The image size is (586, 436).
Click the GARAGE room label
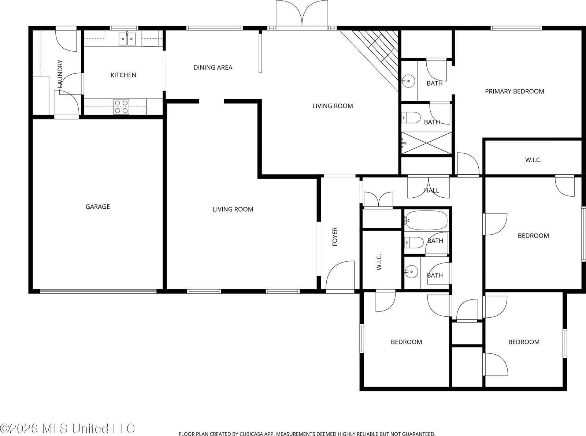click(x=97, y=206)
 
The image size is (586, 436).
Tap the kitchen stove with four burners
click(x=121, y=107)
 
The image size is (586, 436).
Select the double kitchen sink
click(x=127, y=38)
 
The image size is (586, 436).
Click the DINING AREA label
click(x=213, y=67)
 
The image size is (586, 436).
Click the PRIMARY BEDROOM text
click(x=514, y=91)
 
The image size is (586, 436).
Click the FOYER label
click(x=335, y=236)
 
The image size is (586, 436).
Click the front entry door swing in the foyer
click(x=340, y=275)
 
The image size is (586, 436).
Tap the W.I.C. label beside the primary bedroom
click(x=533, y=160)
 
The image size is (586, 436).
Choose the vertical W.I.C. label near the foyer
click(x=379, y=262)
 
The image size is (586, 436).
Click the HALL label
click(x=431, y=190)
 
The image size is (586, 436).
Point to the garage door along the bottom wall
click(x=98, y=291)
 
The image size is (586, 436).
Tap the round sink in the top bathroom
click(x=408, y=80)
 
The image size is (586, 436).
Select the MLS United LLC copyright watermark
click(x=68, y=428)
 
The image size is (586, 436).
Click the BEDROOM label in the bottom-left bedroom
click(x=406, y=342)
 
